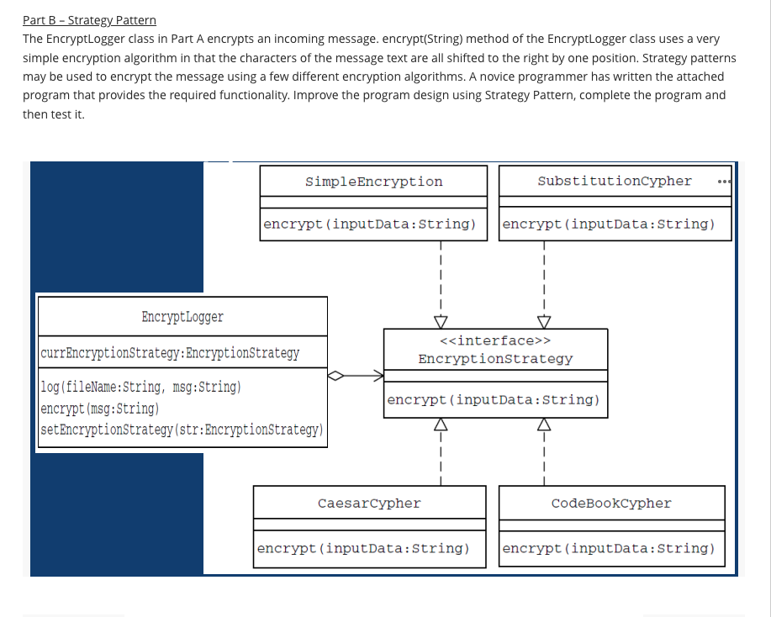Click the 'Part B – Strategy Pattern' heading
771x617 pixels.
tap(89, 20)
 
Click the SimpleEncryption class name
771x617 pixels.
tap(373, 182)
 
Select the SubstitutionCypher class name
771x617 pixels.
tap(614, 181)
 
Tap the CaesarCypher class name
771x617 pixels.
tap(369, 504)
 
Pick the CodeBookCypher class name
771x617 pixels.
tap(611, 504)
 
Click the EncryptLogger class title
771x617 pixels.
tap(182, 317)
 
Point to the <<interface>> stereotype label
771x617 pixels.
tap(495, 340)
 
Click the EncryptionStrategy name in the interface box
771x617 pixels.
tap(495, 359)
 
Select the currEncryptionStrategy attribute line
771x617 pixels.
tap(170, 352)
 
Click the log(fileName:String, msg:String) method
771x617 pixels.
tap(140, 388)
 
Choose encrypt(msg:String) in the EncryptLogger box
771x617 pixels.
tap(99, 409)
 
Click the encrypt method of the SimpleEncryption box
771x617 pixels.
tap(369, 224)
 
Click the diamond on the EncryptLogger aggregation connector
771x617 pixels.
tap(335, 377)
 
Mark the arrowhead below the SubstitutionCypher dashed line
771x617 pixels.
tap(544, 322)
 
